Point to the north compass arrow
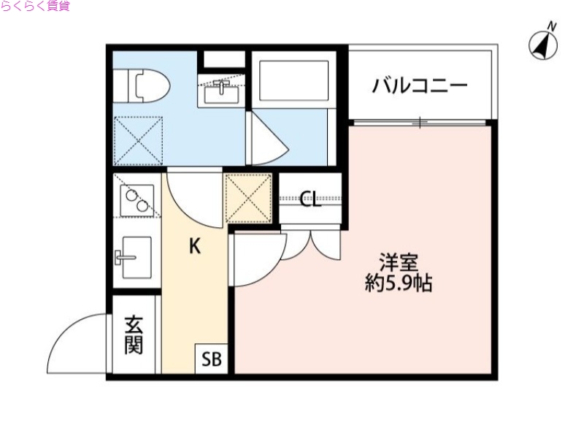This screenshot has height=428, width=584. (543, 43)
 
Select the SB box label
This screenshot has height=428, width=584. (212, 359)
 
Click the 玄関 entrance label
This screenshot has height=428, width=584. (133, 335)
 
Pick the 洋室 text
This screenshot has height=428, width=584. (398, 261)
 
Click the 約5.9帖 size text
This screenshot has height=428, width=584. (399, 283)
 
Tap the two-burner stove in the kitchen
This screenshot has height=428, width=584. (137, 196)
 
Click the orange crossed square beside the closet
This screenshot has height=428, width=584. (248, 197)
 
